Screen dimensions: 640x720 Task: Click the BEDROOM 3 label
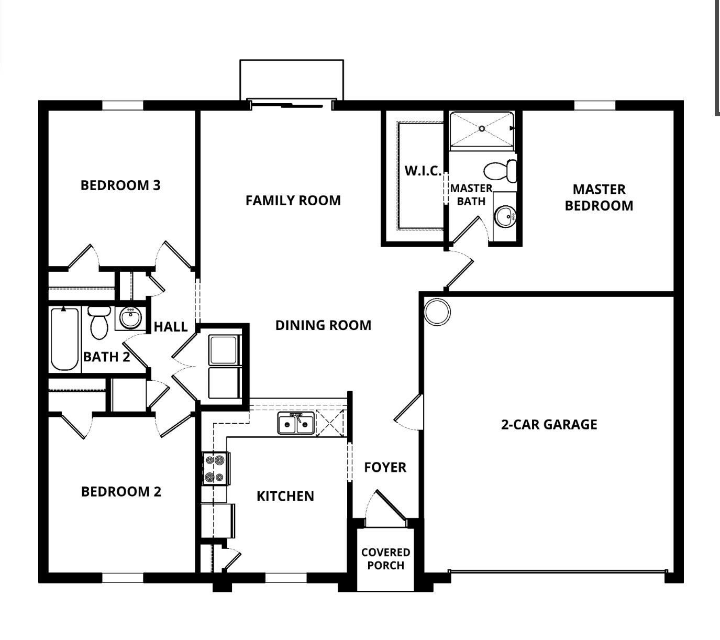120,185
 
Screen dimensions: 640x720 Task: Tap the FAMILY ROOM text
293,200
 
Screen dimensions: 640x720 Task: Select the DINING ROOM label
323,325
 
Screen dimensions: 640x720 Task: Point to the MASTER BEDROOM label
599,197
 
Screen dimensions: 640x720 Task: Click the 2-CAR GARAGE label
549,424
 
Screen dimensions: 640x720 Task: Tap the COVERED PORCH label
385,559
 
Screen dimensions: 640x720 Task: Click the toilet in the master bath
500,171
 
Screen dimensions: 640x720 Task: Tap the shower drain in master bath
482,128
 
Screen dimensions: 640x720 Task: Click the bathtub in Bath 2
65,339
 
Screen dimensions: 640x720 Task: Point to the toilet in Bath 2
99,323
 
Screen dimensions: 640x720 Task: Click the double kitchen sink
296,423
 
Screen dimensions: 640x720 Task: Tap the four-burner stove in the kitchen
215,469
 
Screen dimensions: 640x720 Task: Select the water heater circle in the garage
437,312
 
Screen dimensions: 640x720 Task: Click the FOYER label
385,467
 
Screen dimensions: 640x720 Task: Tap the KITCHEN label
285,496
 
